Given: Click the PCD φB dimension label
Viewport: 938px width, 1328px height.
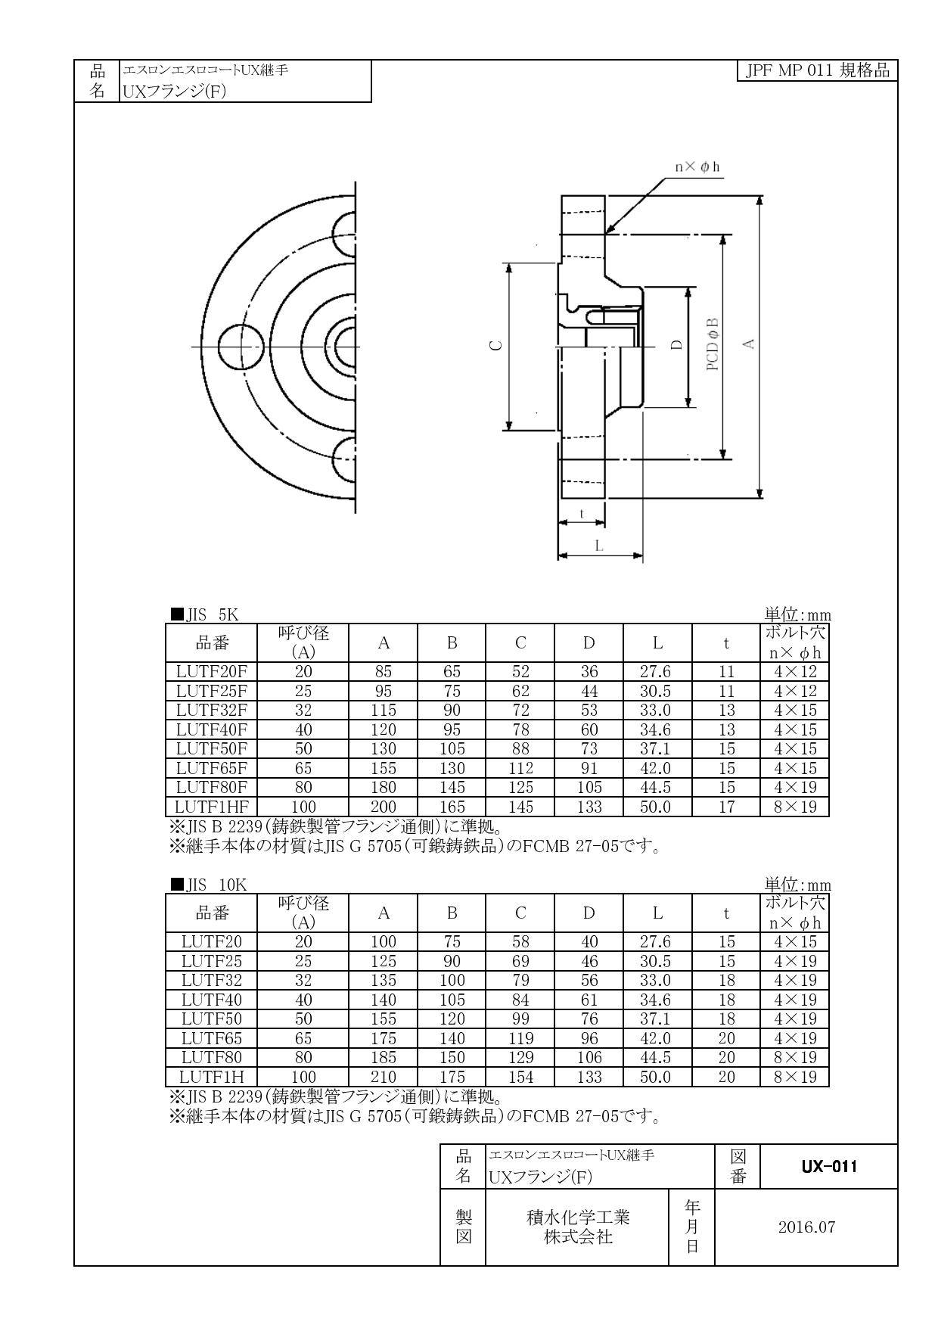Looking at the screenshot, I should (x=713, y=344).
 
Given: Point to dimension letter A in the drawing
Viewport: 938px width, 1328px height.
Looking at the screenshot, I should (x=749, y=344).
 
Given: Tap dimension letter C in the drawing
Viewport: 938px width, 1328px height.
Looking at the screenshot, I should (x=495, y=345).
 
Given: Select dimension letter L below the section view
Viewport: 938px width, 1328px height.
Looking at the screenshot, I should (x=599, y=546).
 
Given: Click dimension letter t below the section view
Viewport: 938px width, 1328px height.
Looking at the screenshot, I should (x=582, y=514).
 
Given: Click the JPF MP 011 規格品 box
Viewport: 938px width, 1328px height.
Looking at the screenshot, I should (x=817, y=71).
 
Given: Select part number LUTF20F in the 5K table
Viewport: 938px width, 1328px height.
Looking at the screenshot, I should (x=212, y=671).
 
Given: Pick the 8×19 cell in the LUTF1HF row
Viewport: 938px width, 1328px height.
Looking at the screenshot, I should (x=795, y=807).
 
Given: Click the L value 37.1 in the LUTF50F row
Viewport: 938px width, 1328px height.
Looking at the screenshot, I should (x=657, y=748).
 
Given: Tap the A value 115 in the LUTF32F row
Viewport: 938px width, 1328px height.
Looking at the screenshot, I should (x=384, y=710).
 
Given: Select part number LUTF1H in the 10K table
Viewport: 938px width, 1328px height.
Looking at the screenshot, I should (x=212, y=1077).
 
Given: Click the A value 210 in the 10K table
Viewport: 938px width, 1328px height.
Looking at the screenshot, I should (x=384, y=1077).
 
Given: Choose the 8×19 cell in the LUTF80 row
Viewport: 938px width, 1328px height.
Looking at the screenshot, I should (x=795, y=1057).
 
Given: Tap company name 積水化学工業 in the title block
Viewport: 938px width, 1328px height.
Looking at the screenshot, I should (x=578, y=1218).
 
